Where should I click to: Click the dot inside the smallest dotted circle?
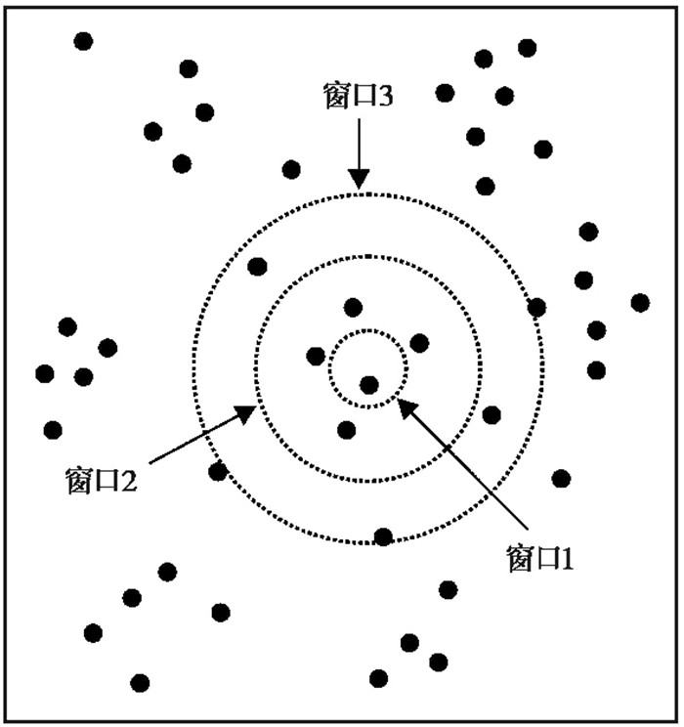pyautogui.click(x=368, y=385)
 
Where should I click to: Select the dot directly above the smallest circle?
pyautogui.click(x=353, y=308)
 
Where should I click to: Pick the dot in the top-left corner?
pyautogui.click(x=84, y=41)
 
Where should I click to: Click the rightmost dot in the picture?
pyautogui.click(x=640, y=303)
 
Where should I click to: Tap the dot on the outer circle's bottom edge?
pyautogui.click(x=384, y=536)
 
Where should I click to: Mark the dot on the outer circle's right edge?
pyautogui.click(x=536, y=308)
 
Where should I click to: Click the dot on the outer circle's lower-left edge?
pyautogui.click(x=218, y=472)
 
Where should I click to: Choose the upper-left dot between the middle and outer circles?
pyautogui.click(x=258, y=266)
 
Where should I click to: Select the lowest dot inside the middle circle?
pyautogui.click(x=346, y=429)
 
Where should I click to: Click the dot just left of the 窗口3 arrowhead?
pyautogui.click(x=291, y=169)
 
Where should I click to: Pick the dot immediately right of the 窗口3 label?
pyautogui.click(x=445, y=93)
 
